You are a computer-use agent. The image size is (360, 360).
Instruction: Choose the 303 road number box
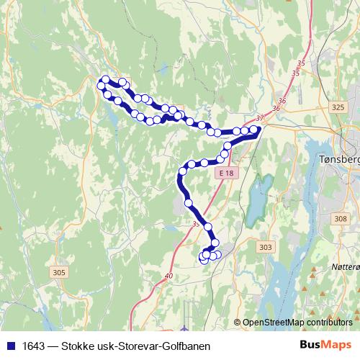pos(266,247)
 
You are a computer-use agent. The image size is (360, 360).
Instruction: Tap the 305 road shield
pos(59,272)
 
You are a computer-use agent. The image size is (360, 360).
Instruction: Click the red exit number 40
pos(169,275)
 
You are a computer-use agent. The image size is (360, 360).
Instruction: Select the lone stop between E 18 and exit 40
pos(208,226)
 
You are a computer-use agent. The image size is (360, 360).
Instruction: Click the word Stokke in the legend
pos(80,346)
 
